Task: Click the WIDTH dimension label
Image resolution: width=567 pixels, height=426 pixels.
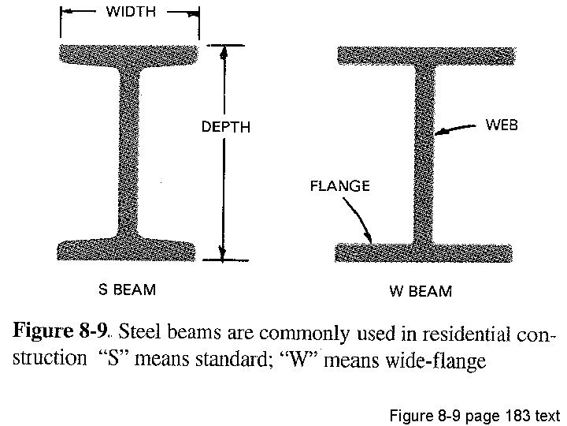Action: [x=131, y=12]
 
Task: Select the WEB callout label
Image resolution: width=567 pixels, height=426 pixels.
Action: [x=502, y=125]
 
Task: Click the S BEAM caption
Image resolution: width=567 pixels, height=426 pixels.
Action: [x=126, y=290]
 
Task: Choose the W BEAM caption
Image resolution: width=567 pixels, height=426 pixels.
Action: [x=421, y=291]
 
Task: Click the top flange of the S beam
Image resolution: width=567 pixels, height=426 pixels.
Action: [x=129, y=56]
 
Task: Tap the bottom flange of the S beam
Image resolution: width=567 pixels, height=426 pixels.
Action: [x=129, y=248]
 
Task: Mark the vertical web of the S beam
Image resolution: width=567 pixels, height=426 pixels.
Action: [x=129, y=150]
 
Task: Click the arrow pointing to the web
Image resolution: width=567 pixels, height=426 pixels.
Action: [x=457, y=131]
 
